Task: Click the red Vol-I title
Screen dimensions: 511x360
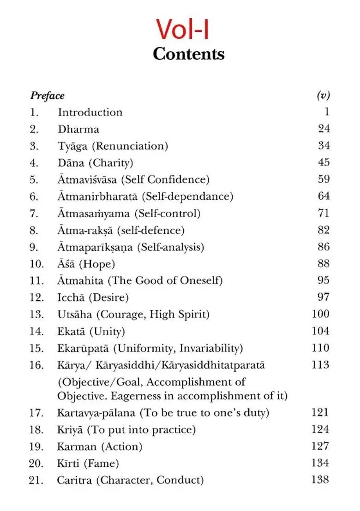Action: (182, 29)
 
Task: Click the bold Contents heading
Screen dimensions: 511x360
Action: (188, 54)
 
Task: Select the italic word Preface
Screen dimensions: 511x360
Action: (47, 96)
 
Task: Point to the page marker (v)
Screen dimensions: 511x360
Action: (323, 95)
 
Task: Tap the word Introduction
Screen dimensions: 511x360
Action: (90, 113)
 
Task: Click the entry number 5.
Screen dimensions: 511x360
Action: (34, 180)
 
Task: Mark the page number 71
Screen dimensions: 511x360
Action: (324, 213)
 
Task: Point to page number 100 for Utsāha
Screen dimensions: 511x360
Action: (320, 314)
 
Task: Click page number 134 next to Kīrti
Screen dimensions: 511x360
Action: (320, 463)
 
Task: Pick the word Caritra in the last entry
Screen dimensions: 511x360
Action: (74, 480)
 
